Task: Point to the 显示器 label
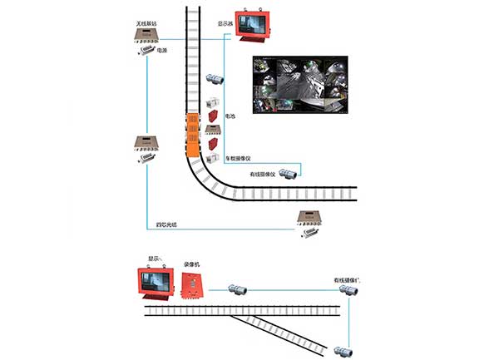point(226,24)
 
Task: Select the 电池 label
point(230,118)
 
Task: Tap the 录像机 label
point(191,264)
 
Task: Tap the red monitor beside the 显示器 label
point(254,25)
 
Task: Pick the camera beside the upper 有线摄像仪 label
point(289,174)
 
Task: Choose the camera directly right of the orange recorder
point(236,289)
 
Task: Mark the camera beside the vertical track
point(215,78)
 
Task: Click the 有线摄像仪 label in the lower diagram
point(346,280)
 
